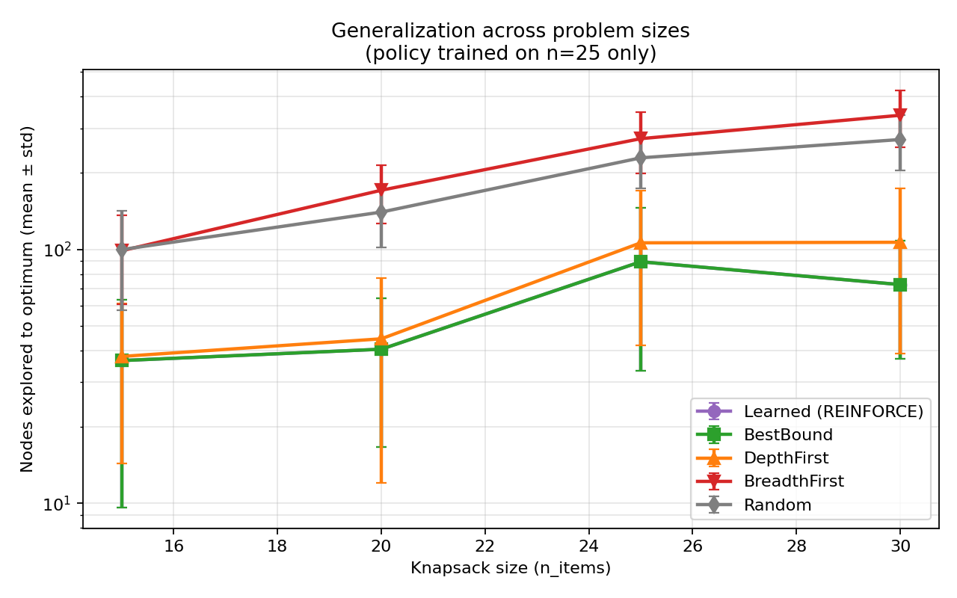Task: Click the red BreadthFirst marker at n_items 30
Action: [900, 115]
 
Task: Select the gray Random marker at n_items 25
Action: [641, 158]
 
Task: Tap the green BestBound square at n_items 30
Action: [900, 285]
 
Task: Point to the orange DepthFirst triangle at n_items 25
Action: [641, 243]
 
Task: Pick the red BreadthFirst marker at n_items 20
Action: [381, 190]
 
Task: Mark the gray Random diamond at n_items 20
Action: [381, 212]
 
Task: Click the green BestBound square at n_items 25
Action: [641, 262]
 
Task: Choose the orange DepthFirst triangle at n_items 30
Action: [900, 242]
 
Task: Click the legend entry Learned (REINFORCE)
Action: [833, 411]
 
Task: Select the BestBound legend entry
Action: [788, 435]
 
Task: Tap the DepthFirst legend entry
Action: [786, 458]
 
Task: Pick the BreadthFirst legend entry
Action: [793, 481]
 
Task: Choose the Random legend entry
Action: [777, 505]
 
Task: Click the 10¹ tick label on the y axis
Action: [59, 502]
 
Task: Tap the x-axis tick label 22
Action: [485, 546]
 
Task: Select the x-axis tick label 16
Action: [173, 546]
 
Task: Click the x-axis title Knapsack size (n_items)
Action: [511, 568]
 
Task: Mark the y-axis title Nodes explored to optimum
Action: [28, 299]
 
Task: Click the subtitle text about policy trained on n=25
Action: [511, 54]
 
